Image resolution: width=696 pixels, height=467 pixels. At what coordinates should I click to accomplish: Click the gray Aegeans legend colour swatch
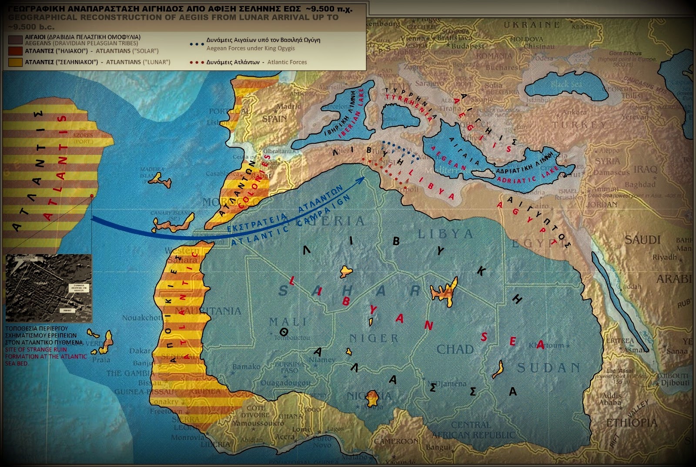click(x=16, y=40)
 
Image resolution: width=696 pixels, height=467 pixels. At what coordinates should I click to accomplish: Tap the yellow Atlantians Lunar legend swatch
click(x=16, y=62)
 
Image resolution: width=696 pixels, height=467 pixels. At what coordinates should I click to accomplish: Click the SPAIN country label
click(x=274, y=119)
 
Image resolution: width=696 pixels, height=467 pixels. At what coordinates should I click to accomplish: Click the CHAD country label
click(x=455, y=349)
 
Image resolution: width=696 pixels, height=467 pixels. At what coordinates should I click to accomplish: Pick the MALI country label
click(x=288, y=322)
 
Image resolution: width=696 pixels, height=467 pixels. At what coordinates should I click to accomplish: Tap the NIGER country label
click(x=374, y=338)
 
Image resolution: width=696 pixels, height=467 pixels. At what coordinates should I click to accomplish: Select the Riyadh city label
click(x=664, y=257)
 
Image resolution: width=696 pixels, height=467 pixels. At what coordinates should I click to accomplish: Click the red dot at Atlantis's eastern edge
click(x=92, y=196)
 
